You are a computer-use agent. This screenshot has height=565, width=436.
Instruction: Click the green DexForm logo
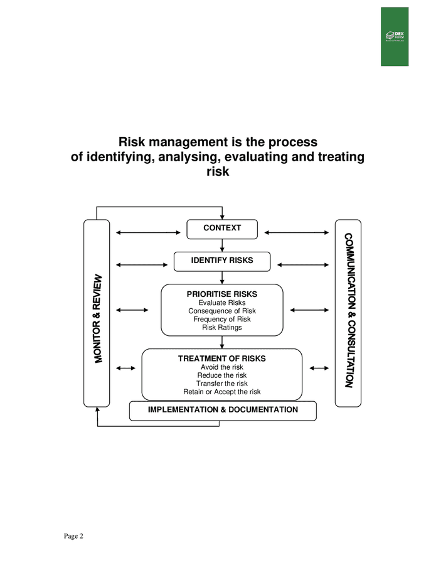click(x=394, y=36)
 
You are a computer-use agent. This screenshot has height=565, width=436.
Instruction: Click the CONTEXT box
click(x=222, y=229)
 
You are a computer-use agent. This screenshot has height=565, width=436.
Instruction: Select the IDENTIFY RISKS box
click(x=222, y=261)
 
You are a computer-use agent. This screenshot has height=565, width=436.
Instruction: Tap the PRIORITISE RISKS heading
click(x=222, y=294)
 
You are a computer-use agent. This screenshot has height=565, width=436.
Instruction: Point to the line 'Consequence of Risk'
click(x=222, y=311)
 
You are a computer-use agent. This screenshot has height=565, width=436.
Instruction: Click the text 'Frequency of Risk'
click(x=222, y=319)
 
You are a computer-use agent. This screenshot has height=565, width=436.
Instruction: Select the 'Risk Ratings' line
click(x=222, y=327)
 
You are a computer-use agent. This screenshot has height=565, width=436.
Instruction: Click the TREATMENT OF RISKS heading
click(x=222, y=358)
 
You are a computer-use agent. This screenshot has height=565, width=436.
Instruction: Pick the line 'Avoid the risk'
click(x=222, y=367)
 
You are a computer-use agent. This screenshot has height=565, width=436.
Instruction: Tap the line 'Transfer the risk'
click(x=222, y=384)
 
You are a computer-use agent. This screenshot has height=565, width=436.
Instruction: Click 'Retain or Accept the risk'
click(x=222, y=392)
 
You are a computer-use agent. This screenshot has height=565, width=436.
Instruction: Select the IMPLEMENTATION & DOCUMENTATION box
click(x=223, y=410)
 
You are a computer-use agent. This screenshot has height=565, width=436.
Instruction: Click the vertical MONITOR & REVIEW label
click(x=97, y=318)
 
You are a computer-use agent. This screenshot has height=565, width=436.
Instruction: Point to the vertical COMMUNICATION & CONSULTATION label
click(x=349, y=311)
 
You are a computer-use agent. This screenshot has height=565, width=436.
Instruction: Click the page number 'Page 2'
click(x=73, y=535)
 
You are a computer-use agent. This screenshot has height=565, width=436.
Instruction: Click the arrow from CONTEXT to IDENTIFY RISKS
click(x=222, y=245)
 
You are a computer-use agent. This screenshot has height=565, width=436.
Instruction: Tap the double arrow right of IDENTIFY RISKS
click(x=302, y=265)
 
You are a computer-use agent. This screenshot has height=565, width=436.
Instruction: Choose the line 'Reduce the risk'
click(x=222, y=375)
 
